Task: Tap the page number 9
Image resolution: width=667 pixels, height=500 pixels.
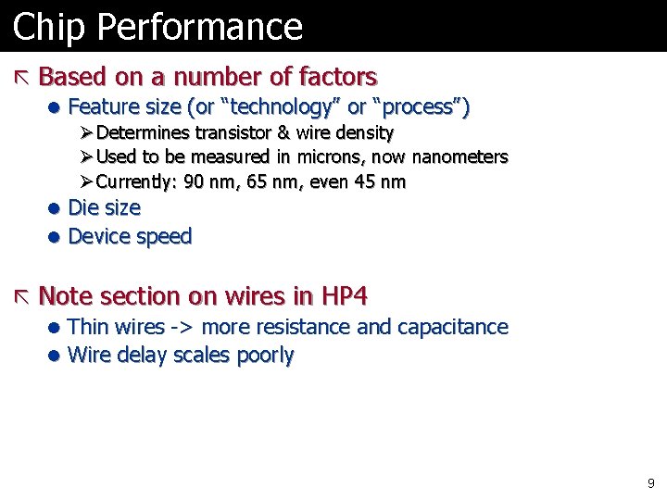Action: pyautogui.click(x=650, y=482)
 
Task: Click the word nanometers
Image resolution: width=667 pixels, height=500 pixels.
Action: pyautogui.click(x=459, y=156)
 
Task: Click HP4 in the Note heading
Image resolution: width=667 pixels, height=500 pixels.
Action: pyautogui.click(x=344, y=296)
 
